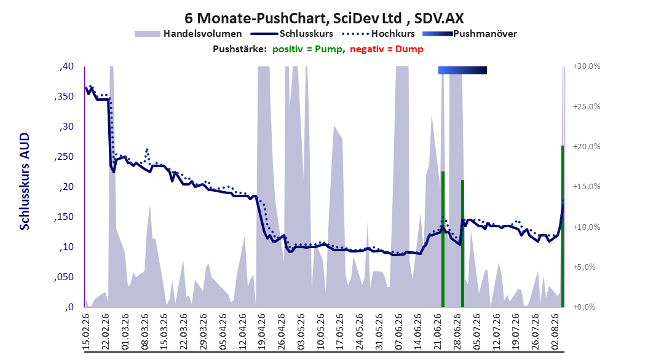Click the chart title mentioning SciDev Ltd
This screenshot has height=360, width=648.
tap(324, 18)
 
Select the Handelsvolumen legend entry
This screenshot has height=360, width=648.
tap(189, 34)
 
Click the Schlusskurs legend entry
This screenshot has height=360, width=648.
tap(291, 34)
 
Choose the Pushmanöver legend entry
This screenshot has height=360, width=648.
tap(470, 34)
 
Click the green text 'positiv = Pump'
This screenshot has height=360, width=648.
tap(307, 49)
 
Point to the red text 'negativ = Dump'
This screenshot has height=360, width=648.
tap(387, 49)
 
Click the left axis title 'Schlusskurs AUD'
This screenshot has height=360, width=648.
tap(25, 181)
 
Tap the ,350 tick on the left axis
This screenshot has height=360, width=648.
tap(64, 96)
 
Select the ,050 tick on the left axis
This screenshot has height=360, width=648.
tap(64, 277)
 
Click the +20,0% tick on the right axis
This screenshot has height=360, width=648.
tap(587, 147)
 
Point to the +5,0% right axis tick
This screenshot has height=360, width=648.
tap(584, 267)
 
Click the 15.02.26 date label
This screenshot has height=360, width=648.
tap(86, 332)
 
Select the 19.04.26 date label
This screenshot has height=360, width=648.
tap(262, 332)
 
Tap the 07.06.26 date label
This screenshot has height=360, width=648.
tap(399, 332)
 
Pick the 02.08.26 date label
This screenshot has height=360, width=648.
tap(555, 332)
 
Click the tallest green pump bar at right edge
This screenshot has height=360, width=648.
tap(563, 226)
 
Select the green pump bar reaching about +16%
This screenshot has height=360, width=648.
tap(462, 243)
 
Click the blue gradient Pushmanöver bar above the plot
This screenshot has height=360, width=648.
tap(462, 70)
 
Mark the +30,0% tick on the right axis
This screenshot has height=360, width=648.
tap(587, 66)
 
